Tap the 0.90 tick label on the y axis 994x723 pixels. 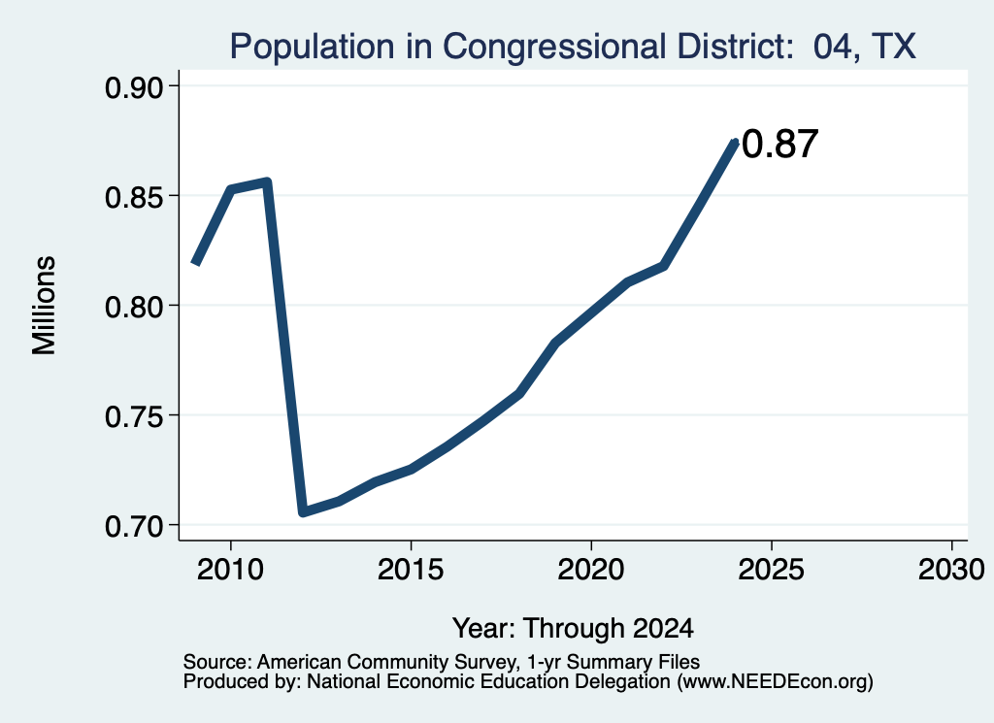point(133,88)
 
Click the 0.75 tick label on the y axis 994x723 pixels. point(133,417)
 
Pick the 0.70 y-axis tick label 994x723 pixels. point(133,527)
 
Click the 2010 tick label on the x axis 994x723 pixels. point(230,570)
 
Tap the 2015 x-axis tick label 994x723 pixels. point(411,570)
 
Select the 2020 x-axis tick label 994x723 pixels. point(591,570)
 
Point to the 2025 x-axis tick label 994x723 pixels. point(772,570)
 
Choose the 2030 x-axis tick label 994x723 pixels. point(951,570)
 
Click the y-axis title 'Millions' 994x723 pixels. point(44,306)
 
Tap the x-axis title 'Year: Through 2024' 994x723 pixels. point(573,629)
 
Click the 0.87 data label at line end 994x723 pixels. point(779,144)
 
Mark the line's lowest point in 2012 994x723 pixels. point(303,511)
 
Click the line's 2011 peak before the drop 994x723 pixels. point(267,182)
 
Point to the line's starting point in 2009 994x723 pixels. point(196,263)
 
